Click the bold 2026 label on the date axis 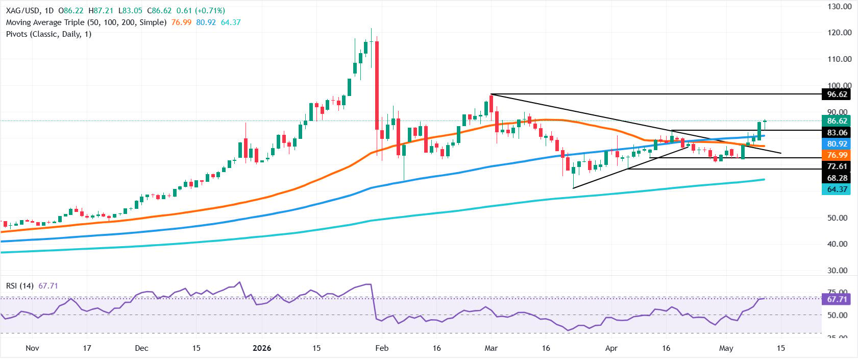(x=262, y=348)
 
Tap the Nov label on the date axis (x=32, y=348)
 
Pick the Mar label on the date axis (x=491, y=348)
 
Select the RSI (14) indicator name (x=19, y=286)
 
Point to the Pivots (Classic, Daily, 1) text (x=48, y=34)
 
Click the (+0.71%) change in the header (x=210, y=11)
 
